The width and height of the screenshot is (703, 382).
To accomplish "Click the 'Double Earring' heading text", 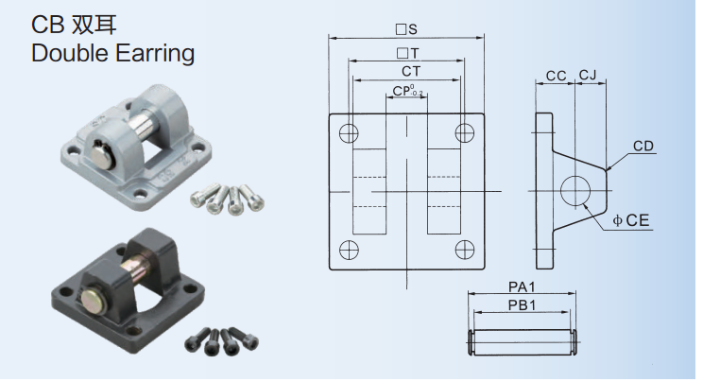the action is coord(113,54).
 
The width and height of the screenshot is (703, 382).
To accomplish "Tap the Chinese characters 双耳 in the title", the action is coord(94,25).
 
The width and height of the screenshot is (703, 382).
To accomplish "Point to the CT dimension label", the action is coord(411,71).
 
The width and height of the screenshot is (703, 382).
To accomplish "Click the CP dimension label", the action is coord(407,91).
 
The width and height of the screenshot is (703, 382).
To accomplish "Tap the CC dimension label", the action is coord(556,76).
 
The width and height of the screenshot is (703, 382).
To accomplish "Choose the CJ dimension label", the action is coord(588,75).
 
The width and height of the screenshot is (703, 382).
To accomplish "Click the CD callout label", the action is coord(643,146).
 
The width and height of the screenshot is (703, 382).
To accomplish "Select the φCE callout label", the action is coord(631,220).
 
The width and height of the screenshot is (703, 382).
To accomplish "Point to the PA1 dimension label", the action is coord(522,286).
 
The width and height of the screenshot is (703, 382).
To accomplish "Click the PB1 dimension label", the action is coord(522,305).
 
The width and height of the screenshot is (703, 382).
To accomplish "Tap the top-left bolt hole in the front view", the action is coord(349,133).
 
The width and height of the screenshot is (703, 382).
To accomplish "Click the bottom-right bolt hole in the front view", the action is coord(465,250).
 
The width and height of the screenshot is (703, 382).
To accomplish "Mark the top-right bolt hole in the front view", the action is coord(465,133).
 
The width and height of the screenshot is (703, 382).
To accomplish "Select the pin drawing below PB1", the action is coord(523,342).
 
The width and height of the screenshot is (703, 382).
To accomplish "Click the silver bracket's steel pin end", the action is coord(101,152).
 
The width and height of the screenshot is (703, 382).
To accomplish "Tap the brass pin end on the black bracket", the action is coord(93,300).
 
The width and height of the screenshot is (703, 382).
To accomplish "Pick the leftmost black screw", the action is coord(197,340).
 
